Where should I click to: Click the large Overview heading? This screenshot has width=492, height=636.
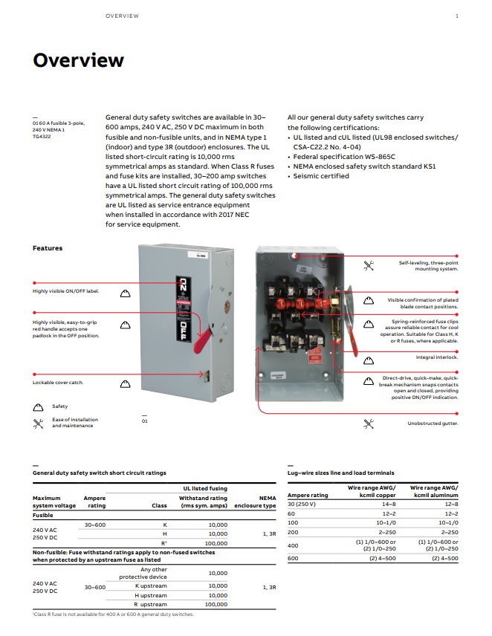point(78,60)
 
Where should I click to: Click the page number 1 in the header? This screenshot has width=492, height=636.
point(456,16)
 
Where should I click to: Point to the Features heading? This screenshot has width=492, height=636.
point(48,248)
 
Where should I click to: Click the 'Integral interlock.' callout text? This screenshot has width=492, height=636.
point(437,357)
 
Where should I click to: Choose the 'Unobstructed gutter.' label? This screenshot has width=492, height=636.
point(433,424)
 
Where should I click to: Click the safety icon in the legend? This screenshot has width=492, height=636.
point(38,407)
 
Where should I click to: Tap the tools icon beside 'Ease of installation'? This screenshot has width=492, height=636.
point(38,423)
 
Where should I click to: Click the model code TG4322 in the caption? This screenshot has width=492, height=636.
point(40,136)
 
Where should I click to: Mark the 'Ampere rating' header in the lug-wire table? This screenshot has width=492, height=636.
point(307,495)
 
